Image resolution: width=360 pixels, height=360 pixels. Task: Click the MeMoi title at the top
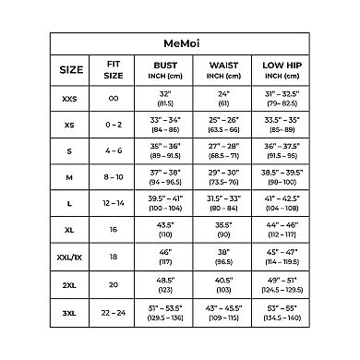click(x=179, y=42)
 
